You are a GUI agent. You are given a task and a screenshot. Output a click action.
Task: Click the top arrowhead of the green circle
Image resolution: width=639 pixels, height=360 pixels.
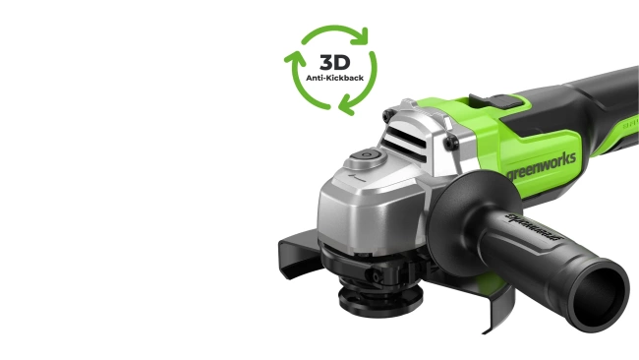(362, 36)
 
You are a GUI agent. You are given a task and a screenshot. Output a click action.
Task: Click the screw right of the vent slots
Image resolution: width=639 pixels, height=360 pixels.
(449, 144)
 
